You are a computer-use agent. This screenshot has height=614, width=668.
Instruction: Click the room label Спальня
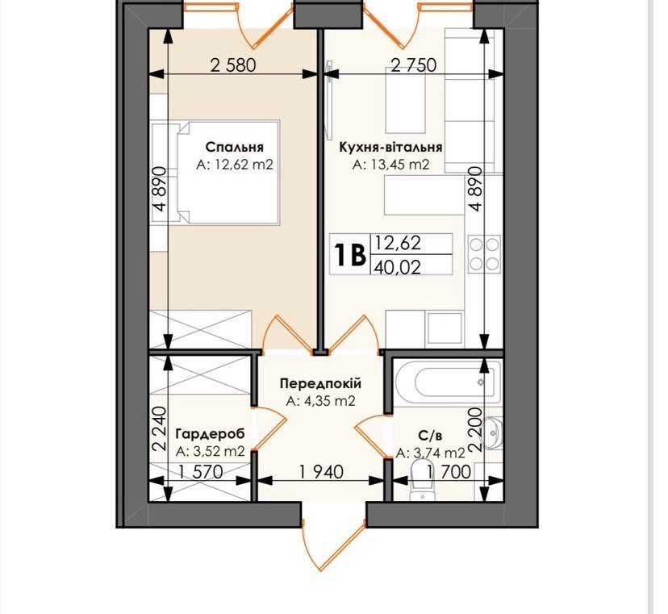pyautogui.click(x=234, y=147)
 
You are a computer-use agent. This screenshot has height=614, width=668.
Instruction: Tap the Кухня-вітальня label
pyautogui.click(x=390, y=148)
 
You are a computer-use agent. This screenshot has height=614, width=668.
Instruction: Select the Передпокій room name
pyautogui.click(x=320, y=383)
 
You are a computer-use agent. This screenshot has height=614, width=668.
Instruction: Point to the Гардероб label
pyautogui.click(x=211, y=434)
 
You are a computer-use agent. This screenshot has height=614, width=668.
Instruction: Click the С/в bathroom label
pyautogui.click(x=430, y=436)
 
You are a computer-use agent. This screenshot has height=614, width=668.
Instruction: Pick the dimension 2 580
pyautogui.click(x=233, y=65)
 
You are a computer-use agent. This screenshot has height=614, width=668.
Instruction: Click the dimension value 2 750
pyautogui.click(x=414, y=65)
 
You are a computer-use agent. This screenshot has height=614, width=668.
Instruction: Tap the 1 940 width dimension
pyautogui.click(x=321, y=472)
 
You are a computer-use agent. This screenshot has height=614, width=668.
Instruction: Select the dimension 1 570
pyautogui.click(x=201, y=472)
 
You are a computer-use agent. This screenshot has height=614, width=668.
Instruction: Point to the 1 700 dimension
pyautogui.click(x=449, y=472)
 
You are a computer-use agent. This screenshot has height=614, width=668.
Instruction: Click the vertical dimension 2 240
pyautogui.click(x=159, y=429)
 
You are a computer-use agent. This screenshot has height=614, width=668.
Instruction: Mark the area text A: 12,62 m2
pyautogui.click(x=234, y=165)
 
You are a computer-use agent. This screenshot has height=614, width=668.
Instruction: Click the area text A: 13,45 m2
pyautogui.click(x=390, y=165)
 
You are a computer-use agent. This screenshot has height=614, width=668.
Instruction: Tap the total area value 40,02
pyautogui.click(x=398, y=267)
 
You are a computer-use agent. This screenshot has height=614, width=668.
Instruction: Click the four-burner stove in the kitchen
pyautogui.click(x=485, y=254)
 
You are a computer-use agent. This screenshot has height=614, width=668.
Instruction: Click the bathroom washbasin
pyautogui.click(x=492, y=433)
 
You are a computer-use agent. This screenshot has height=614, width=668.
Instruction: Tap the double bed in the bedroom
pyautogui.click(x=228, y=172)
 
